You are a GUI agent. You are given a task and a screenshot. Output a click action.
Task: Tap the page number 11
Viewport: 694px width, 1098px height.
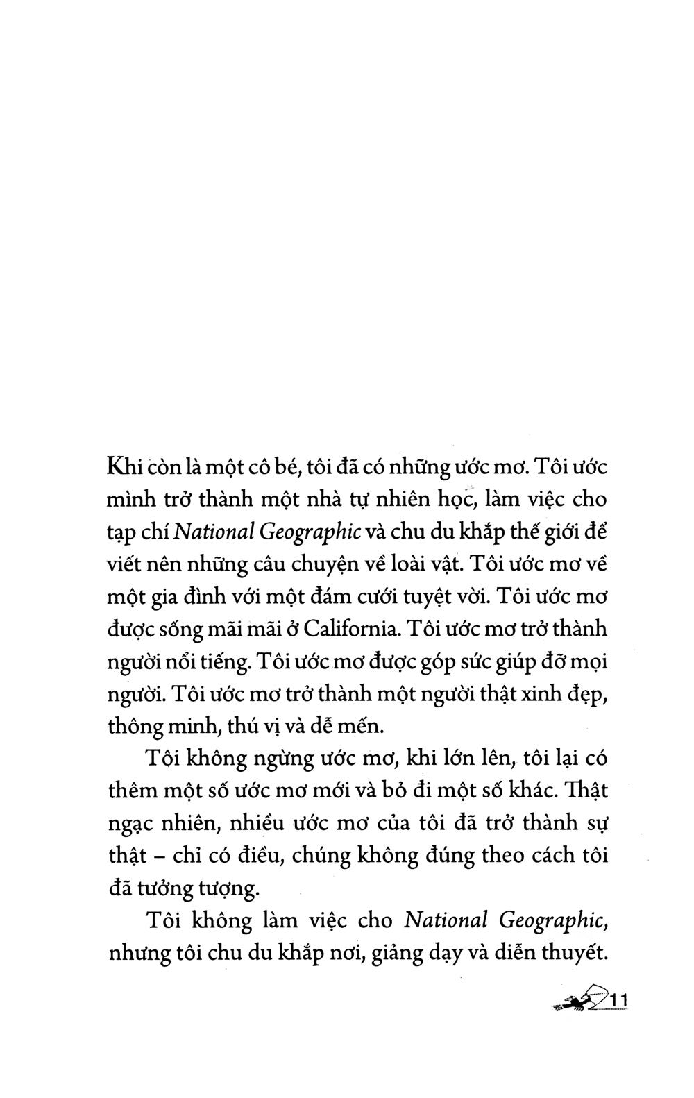pyautogui.click(x=615, y=1002)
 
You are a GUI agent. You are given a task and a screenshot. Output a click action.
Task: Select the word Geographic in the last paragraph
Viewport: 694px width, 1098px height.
pyautogui.click(x=552, y=920)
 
